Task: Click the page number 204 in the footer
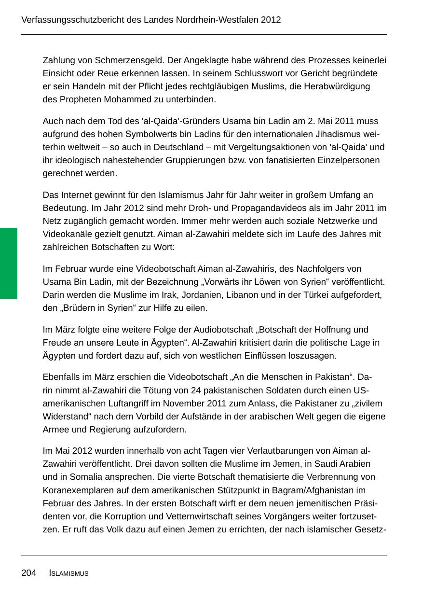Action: click(28, 573)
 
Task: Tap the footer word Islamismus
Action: click(68, 573)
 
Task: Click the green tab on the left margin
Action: click(8, 263)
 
